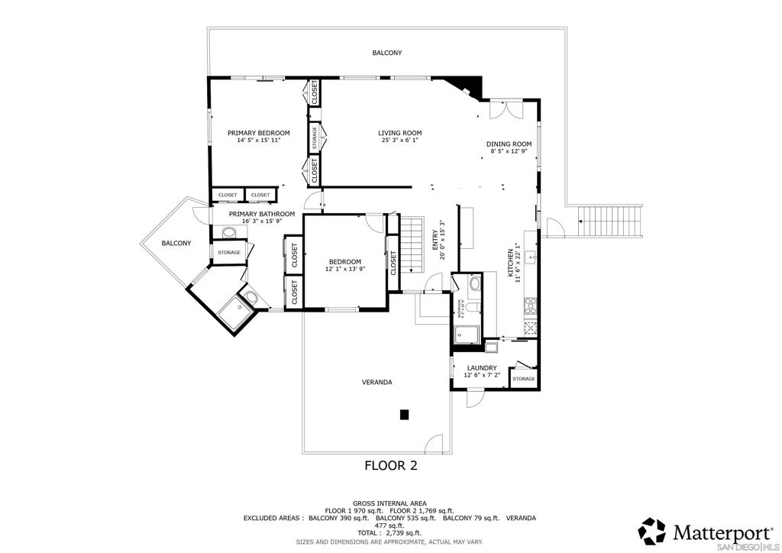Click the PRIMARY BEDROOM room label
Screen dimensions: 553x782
coord(259,133)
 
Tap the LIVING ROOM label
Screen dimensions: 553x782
coord(399,133)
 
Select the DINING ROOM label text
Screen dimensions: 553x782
coord(509,144)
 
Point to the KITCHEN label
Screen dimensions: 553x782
coord(510,264)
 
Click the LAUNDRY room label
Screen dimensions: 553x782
coord(482,367)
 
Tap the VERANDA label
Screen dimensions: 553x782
coord(377,382)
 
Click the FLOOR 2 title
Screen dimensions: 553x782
coord(390,464)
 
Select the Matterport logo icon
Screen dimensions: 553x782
coord(652,531)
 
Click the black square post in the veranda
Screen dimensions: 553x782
coord(405,415)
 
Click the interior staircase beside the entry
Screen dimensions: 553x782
coord(412,244)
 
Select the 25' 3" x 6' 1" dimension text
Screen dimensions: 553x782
coord(399,141)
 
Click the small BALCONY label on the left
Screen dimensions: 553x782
coord(176,243)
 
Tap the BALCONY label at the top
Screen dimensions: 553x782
coord(387,53)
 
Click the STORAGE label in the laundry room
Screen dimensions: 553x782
coord(524,379)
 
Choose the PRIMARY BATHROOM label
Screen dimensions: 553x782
coord(262,214)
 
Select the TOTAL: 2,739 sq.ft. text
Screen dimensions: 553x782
coord(390,533)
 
